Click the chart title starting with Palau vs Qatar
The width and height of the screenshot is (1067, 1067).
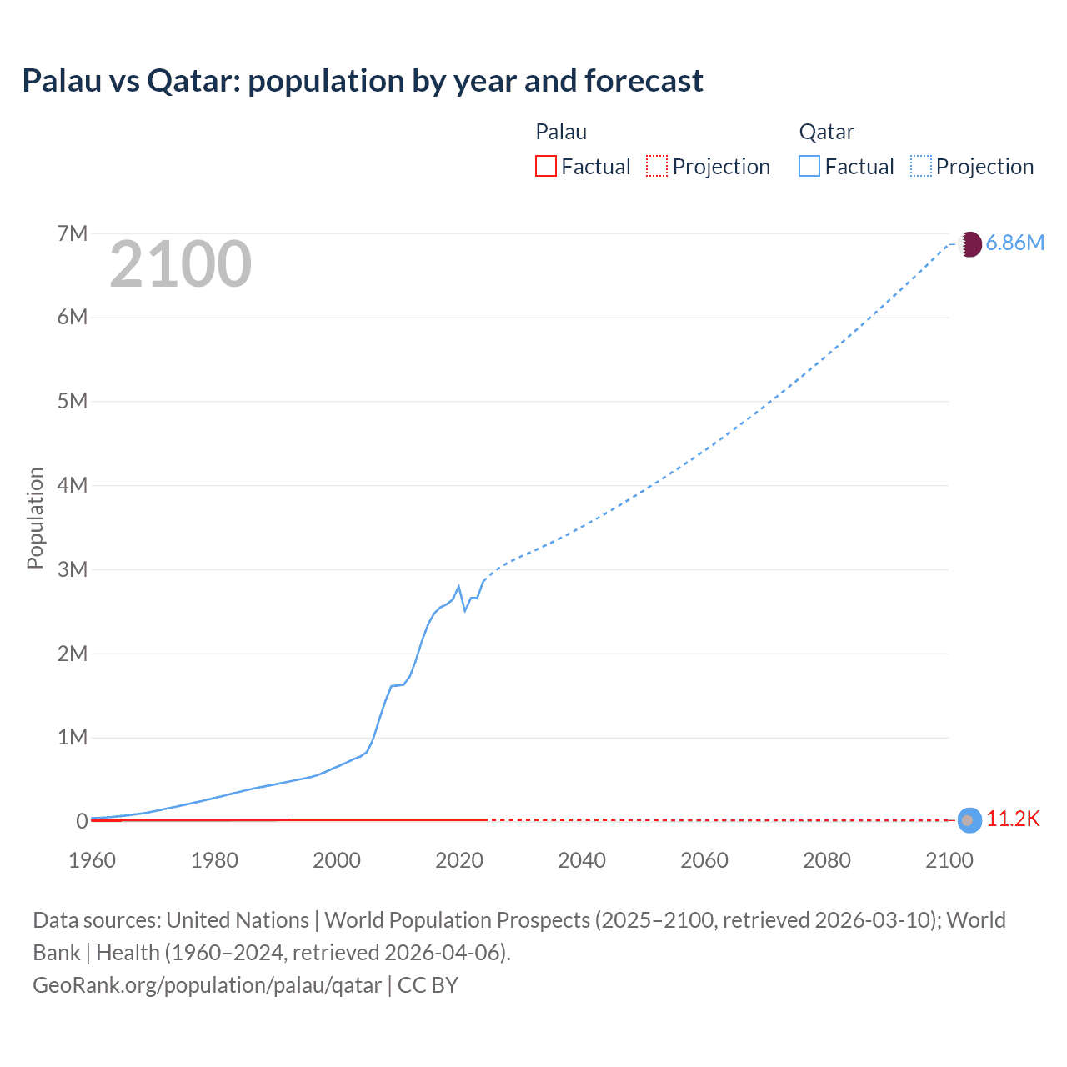(x=363, y=81)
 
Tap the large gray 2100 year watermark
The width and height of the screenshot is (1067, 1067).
(x=180, y=264)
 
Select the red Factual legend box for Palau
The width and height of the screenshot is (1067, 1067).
(x=546, y=167)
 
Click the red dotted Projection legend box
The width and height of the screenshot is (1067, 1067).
(x=657, y=167)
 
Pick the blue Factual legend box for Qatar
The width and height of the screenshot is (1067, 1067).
(x=809, y=167)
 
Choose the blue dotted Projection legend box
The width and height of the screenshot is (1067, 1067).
(x=921, y=167)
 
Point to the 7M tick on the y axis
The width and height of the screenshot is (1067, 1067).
(x=73, y=233)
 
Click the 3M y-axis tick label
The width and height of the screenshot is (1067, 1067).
(x=73, y=569)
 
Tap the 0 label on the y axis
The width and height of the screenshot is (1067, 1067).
(x=82, y=821)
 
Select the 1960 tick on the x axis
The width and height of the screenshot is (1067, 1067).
(x=92, y=860)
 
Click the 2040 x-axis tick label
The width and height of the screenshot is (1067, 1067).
(x=582, y=860)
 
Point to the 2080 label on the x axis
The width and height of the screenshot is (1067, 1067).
(x=827, y=860)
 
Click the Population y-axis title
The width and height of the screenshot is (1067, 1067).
(x=35, y=518)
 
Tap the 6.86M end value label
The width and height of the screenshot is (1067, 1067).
(x=1014, y=243)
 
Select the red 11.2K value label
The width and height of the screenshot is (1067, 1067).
(x=1014, y=819)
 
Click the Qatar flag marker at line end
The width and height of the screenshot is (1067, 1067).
(x=969, y=244)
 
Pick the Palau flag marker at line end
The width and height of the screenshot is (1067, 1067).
(x=969, y=820)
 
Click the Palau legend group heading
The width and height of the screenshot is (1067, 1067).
(x=561, y=132)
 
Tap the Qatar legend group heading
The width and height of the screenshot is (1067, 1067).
(x=826, y=132)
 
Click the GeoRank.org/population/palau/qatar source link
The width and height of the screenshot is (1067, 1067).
(x=207, y=985)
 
